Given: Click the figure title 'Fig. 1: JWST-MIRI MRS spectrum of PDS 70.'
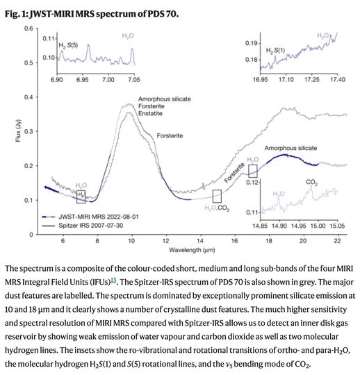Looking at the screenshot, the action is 92,14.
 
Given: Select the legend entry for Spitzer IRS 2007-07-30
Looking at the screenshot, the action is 82,226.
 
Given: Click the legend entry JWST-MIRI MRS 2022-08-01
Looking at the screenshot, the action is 90,217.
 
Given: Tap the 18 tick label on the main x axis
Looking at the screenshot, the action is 269,241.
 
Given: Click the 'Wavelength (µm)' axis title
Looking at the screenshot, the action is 192,250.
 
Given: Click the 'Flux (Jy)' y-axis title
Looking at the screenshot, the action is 18,131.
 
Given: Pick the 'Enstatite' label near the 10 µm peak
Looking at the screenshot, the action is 150,113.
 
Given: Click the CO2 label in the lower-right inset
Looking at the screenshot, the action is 311,183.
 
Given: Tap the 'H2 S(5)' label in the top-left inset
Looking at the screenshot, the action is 68,45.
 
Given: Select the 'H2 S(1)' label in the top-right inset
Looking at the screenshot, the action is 275,51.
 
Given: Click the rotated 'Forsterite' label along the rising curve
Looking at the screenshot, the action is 235,173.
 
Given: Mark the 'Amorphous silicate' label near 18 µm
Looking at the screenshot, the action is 291,149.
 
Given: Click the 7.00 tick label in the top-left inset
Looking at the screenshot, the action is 108,79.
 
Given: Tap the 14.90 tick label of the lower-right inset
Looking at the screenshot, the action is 279,226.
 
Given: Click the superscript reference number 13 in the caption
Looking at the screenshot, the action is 113,280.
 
